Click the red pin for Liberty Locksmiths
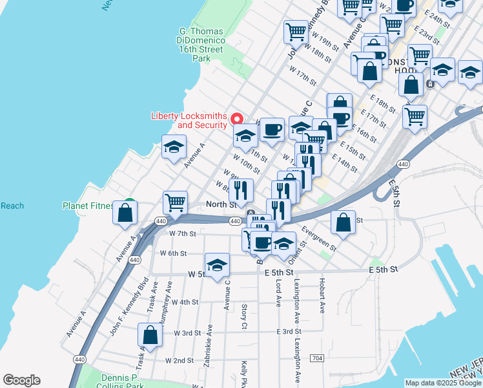(x=236, y=119)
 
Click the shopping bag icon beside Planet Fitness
(x=125, y=212)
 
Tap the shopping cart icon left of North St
(x=175, y=203)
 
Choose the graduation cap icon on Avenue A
(x=174, y=148)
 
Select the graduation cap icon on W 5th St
(x=218, y=264)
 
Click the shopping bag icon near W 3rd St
(x=150, y=336)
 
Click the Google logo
(x=21, y=380)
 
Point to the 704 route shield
(x=316, y=358)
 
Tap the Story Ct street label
(x=244, y=316)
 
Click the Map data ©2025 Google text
(x=443, y=383)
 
